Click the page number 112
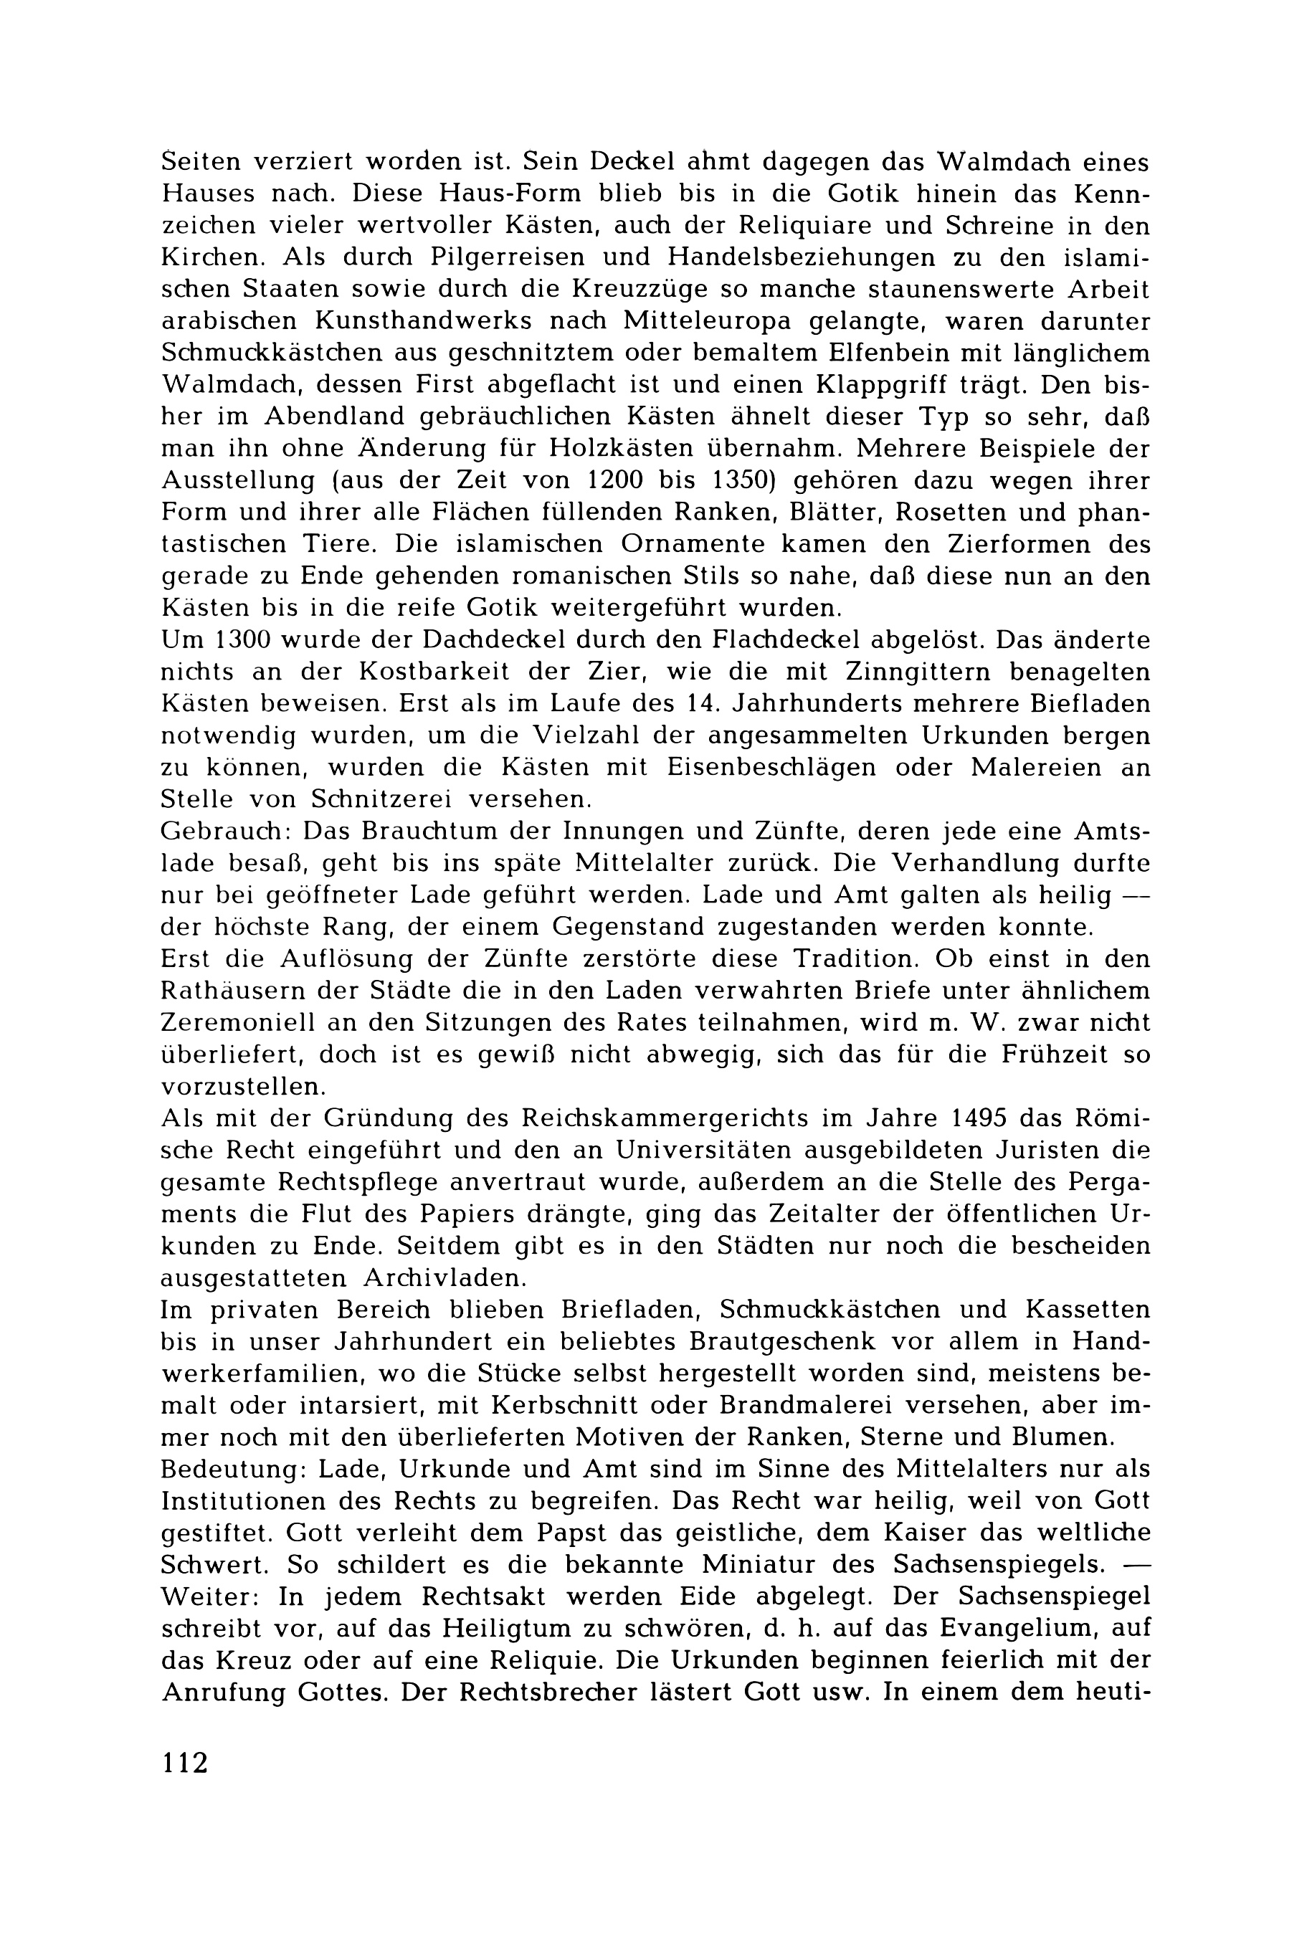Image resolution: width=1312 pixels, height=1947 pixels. point(185,1762)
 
